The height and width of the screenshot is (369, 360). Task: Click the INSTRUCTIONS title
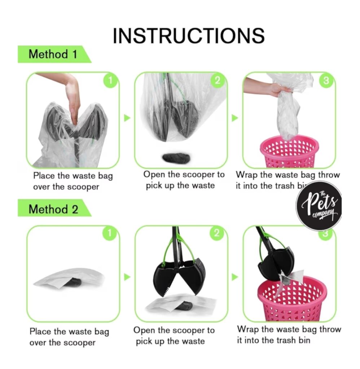189,36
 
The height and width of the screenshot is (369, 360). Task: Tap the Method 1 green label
54,54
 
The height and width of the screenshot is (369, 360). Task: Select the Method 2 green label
54,208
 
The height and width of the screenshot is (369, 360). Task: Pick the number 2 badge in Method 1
218,81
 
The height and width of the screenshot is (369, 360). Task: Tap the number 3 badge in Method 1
326,81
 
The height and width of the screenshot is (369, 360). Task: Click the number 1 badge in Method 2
110,233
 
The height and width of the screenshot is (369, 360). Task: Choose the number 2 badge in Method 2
217,233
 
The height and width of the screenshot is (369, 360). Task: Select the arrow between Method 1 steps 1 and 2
127,118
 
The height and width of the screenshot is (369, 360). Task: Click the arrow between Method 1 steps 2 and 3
235,118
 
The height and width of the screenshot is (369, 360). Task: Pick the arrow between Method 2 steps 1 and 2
127,277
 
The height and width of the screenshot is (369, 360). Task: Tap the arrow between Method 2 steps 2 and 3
235,277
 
